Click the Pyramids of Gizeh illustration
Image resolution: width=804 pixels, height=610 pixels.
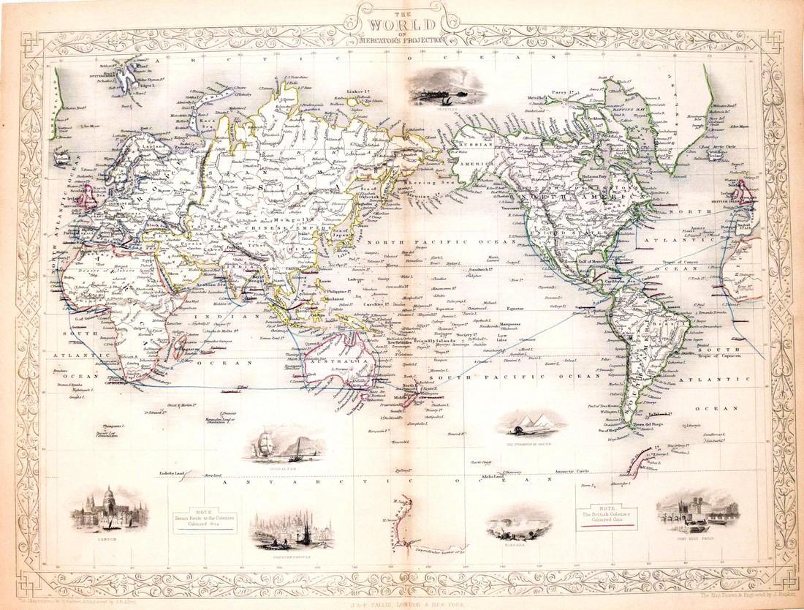pyautogui.click(x=531, y=422)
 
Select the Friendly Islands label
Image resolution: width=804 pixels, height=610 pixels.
pyautogui.click(x=435, y=342)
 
